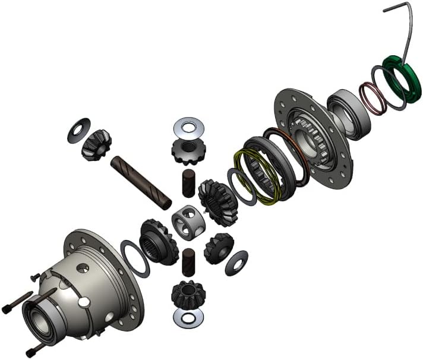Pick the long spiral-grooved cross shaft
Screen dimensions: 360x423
pos(141,181)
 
